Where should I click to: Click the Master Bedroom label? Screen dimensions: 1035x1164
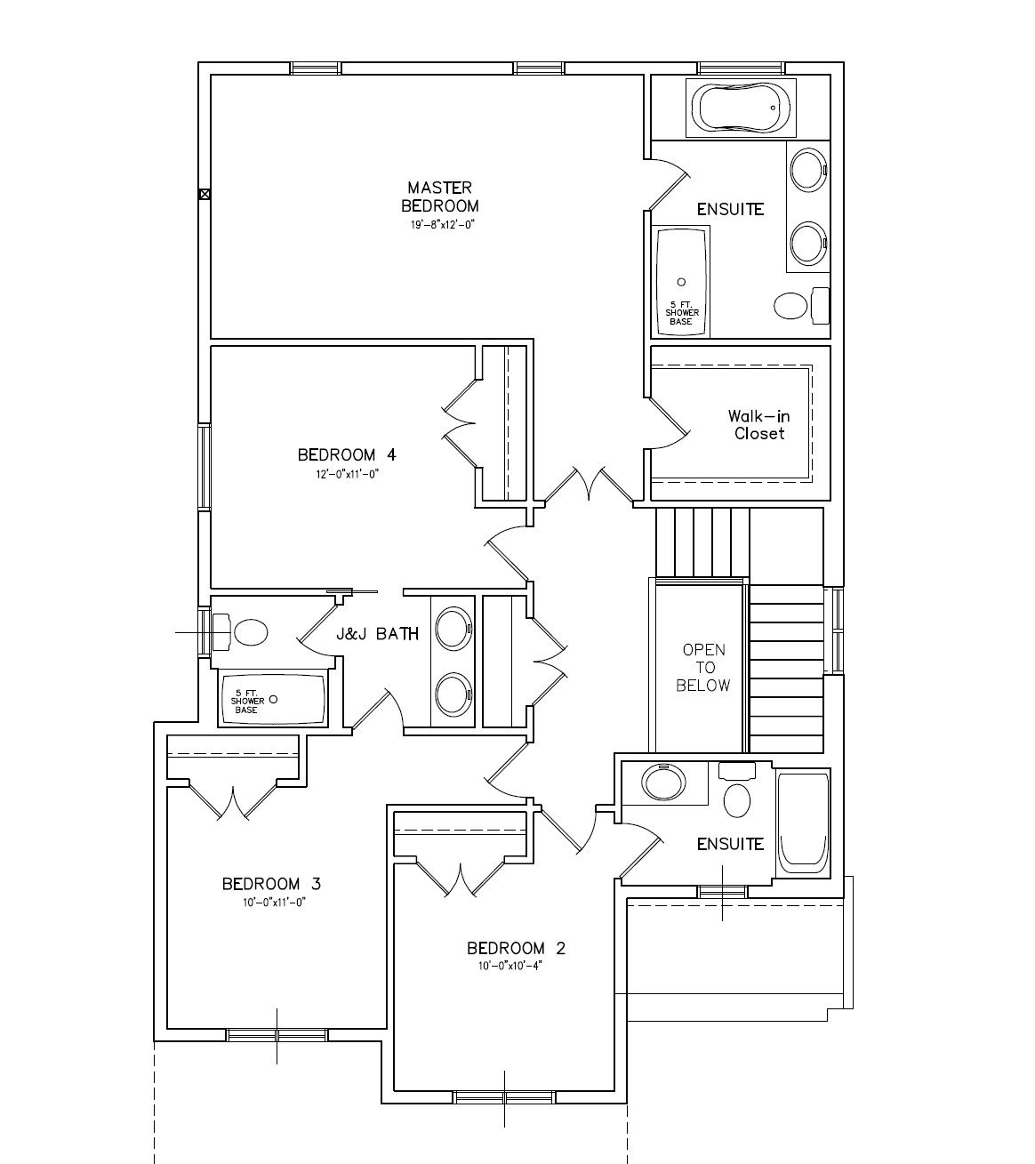tap(439, 197)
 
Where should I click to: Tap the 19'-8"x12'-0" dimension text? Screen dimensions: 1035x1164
tap(443, 225)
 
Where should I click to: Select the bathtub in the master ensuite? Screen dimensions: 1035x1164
tap(741, 108)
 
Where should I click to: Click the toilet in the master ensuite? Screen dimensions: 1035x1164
tap(801, 305)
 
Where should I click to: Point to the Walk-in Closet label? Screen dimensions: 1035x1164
tap(758, 424)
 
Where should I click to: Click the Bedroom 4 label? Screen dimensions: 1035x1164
tap(347, 455)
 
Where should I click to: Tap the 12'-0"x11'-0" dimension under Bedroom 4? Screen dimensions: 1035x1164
tap(347, 475)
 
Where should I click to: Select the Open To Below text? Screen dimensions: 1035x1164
tap(703, 668)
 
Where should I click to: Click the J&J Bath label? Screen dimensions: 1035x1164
tap(378, 634)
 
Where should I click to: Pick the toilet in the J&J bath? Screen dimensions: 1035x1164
tap(240, 632)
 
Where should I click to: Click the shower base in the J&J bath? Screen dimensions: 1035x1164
tap(272, 700)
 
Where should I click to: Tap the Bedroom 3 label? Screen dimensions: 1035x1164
tap(271, 884)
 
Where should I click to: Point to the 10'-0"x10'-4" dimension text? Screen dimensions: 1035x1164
tap(510, 966)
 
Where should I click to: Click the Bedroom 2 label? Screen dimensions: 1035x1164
tap(516, 948)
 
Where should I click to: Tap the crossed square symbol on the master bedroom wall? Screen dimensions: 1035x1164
tap(204, 194)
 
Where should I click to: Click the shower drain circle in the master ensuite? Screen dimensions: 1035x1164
tap(681, 282)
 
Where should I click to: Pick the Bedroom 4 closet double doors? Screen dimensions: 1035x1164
tap(461, 423)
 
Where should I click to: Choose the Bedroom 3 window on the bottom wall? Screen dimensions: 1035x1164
tap(277, 1035)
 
